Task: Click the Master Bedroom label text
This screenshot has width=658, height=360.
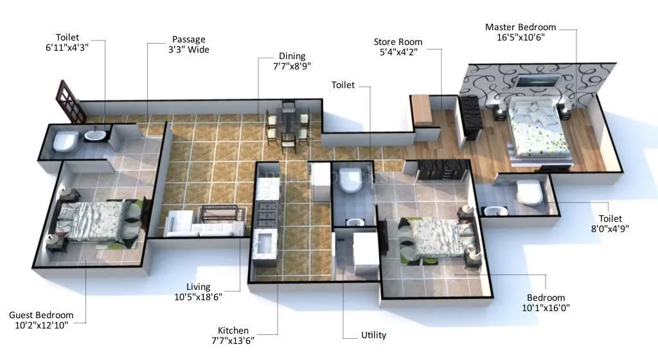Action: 520,27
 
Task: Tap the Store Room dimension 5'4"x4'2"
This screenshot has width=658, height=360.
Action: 398,53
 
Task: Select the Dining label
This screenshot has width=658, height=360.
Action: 292,56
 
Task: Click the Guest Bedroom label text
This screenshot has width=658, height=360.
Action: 41,315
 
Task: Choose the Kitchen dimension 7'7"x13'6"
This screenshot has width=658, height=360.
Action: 232,341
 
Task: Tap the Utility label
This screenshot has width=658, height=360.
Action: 373,335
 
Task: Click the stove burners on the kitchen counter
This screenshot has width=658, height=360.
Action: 267,212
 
